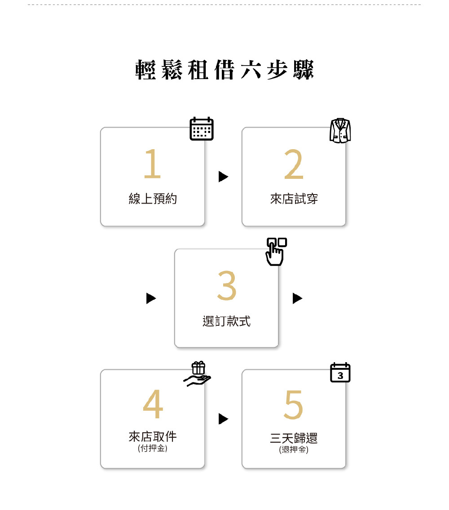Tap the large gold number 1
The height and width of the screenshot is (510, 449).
click(152, 164)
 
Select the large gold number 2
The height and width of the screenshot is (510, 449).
click(294, 165)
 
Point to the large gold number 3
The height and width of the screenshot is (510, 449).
click(226, 286)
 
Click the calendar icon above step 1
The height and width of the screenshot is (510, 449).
click(202, 129)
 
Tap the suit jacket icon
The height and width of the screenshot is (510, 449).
click(340, 131)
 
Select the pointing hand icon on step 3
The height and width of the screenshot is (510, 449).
click(276, 251)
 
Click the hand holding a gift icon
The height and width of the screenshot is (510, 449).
click(198, 374)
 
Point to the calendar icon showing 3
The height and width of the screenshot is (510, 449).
click(340, 373)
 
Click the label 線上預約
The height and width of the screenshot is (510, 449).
click(153, 199)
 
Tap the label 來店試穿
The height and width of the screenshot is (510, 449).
click(294, 199)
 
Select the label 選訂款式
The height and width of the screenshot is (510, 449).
click(226, 321)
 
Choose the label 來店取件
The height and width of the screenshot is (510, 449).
click(153, 436)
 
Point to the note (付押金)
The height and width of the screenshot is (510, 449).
click(153, 448)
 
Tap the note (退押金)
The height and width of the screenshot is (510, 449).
click(294, 449)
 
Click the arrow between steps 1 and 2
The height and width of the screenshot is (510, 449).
click(223, 177)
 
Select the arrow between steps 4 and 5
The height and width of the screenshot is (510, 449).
click(223, 419)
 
